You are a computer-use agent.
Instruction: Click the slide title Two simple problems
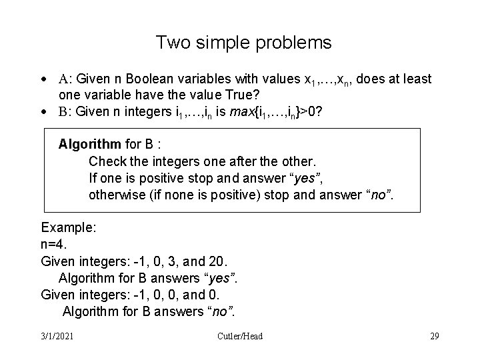[x=243, y=43]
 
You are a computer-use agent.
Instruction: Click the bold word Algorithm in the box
[x=88, y=145]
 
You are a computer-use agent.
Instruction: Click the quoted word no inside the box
[x=381, y=195]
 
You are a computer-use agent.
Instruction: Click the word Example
[x=69, y=227]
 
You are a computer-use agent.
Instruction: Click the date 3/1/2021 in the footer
[x=56, y=336]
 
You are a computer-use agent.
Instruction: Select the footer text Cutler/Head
[x=240, y=336]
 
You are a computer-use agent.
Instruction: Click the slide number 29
[x=434, y=336]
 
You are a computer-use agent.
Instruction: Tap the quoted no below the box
[x=221, y=311]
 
